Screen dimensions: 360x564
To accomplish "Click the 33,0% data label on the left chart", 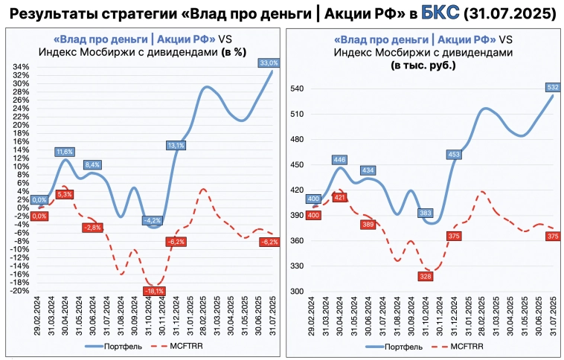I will click(269, 62).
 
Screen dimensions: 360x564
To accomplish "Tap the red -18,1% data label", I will click(155, 291).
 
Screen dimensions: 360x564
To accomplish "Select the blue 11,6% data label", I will click(65, 152).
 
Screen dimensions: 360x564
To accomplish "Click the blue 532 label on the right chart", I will click(553, 87).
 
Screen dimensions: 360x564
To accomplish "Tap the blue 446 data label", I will click(339, 159).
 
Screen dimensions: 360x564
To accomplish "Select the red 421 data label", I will click(339, 198).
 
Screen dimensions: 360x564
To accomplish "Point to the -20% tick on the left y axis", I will click(20, 291).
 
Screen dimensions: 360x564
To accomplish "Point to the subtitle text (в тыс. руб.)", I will click(423, 66).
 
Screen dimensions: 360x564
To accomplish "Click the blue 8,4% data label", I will click(93, 164).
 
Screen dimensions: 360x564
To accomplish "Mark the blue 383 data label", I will click(426, 213).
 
